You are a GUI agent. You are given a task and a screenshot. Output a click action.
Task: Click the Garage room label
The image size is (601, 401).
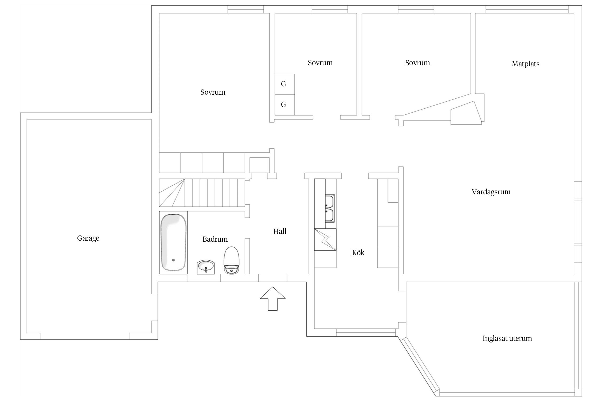click(x=88, y=238)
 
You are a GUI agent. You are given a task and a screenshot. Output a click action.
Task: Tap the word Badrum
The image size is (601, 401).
click(x=215, y=239)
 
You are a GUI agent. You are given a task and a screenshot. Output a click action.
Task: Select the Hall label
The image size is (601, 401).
click(x=280, y=232)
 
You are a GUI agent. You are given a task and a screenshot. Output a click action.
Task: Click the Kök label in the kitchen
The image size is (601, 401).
click(x=358, y=252)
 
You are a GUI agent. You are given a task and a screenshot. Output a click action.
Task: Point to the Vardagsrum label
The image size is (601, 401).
click(x=491, y=192)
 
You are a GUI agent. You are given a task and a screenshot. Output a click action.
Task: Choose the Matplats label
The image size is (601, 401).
click(x=525, y=64)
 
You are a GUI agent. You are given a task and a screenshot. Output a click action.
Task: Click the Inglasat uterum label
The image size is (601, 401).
click(x=507, y=338)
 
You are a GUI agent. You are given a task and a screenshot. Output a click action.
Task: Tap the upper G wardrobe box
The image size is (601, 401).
click(x=285, y=84)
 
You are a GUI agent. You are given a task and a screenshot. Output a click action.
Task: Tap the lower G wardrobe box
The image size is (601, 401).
click(x=285, y=105)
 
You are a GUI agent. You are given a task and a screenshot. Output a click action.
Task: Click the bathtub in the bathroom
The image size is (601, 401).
click(x=173, y=242)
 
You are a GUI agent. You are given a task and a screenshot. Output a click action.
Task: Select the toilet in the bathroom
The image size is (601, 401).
click(x=232, y=260)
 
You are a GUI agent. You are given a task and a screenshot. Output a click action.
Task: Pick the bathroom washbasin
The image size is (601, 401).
click(x=206, y=267)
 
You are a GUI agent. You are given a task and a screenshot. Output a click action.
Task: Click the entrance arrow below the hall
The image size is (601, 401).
click(x=273, y=299)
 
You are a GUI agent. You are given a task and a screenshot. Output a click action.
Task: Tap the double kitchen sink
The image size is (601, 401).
click(x=330, y=209)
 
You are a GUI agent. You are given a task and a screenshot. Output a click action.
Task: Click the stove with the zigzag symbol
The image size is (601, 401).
click(x=325, y=240)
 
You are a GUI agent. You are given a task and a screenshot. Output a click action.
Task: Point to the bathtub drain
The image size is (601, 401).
click(x=174, y=260)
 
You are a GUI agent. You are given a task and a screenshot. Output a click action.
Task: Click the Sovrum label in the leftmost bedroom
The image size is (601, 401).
click(x=213, y=92)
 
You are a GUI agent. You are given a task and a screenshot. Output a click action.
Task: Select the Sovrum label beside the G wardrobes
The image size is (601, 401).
click(x=320, y=63)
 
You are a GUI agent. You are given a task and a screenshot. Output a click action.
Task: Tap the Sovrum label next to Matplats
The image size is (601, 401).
click(x=417, y=63)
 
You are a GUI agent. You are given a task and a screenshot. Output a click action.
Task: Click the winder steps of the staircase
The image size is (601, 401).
click(x=172, y=193)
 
